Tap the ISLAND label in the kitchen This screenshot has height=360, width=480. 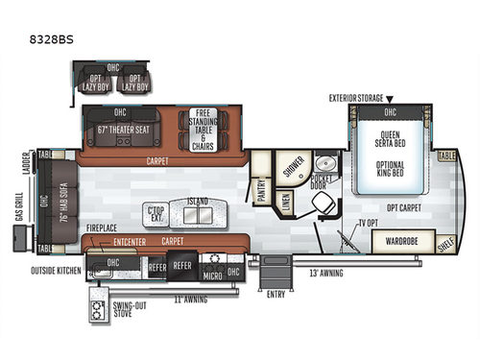tap(198, 201)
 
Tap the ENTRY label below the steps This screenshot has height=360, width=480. tap(276, 294)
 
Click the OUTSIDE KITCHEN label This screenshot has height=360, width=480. tap(55, 271)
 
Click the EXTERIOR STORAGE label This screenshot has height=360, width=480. tap(360, 97)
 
